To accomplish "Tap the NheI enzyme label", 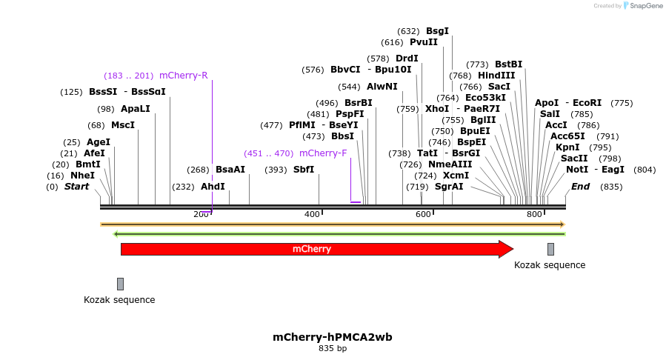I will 82,176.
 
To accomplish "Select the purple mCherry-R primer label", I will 183,75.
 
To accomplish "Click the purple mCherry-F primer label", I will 323,153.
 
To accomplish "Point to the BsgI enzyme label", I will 437,31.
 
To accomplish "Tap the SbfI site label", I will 304,170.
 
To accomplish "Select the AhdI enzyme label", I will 213,187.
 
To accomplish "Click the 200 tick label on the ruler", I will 201,215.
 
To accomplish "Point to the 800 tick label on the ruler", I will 534,215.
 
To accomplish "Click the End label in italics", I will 580,187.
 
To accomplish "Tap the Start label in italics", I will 76,187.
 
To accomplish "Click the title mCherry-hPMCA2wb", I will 333,337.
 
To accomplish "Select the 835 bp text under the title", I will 333,348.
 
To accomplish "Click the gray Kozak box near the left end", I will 120,284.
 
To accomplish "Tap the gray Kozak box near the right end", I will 550,249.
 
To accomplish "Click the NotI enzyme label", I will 577,170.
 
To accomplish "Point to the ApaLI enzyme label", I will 135,109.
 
